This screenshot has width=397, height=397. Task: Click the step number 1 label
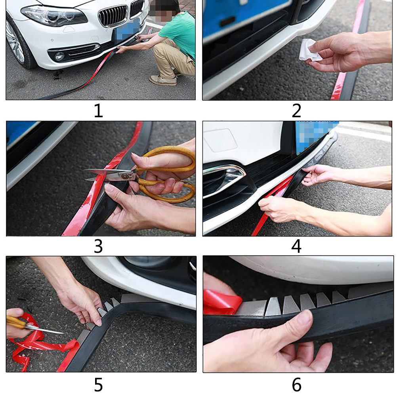pos(99,111)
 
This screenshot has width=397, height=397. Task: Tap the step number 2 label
pos(296,111)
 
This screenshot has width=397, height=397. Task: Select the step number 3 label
pos(98,246)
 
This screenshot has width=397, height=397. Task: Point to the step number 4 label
pos(296,246)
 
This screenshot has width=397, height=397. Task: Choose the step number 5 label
pos(99,385)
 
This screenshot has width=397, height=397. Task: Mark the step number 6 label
pos(296,385)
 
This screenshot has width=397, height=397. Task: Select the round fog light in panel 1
pos(59,56)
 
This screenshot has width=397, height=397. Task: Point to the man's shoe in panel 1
pos(163,80)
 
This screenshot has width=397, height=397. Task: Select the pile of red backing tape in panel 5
pos(40,342)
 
